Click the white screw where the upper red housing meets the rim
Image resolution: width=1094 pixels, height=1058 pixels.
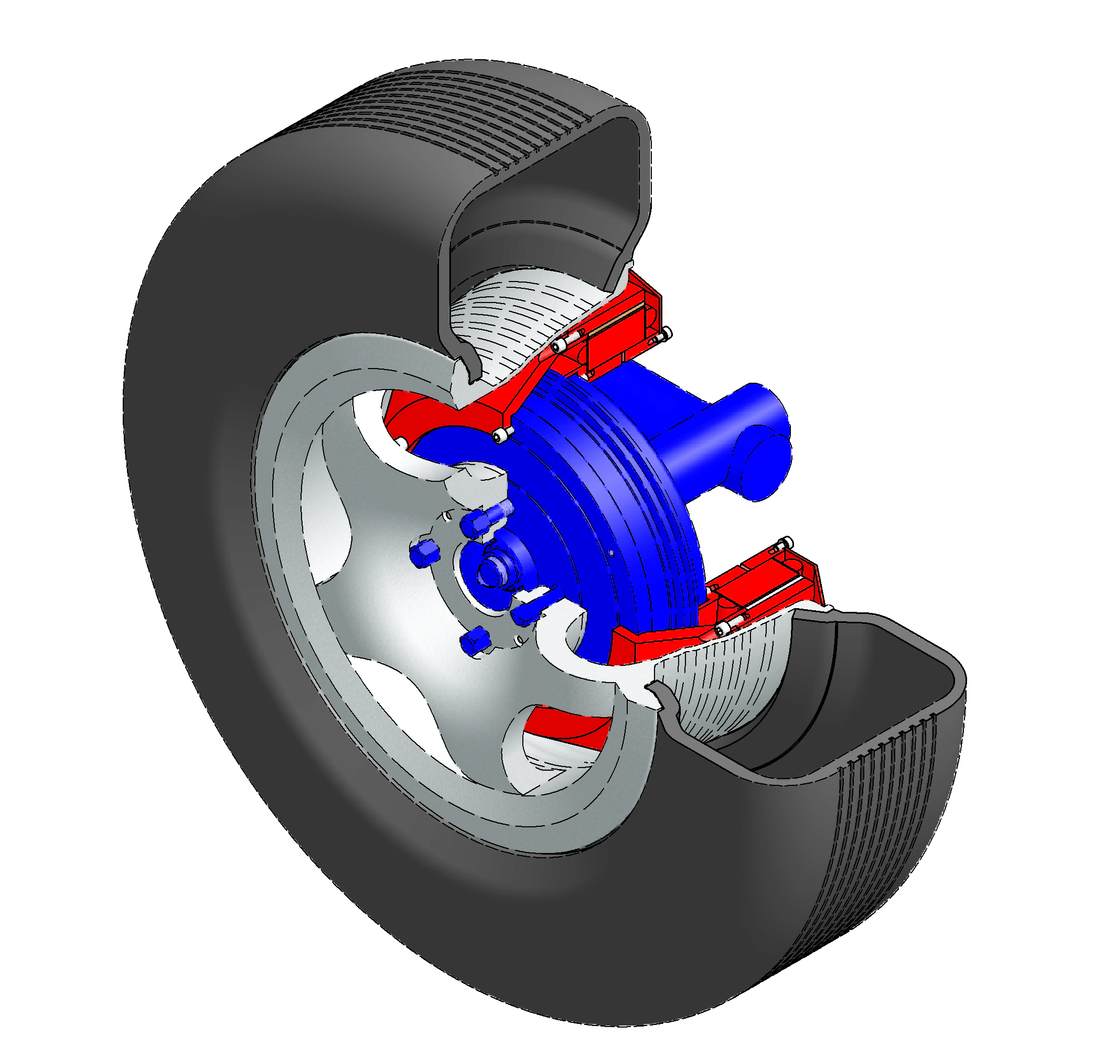(559, 347)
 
